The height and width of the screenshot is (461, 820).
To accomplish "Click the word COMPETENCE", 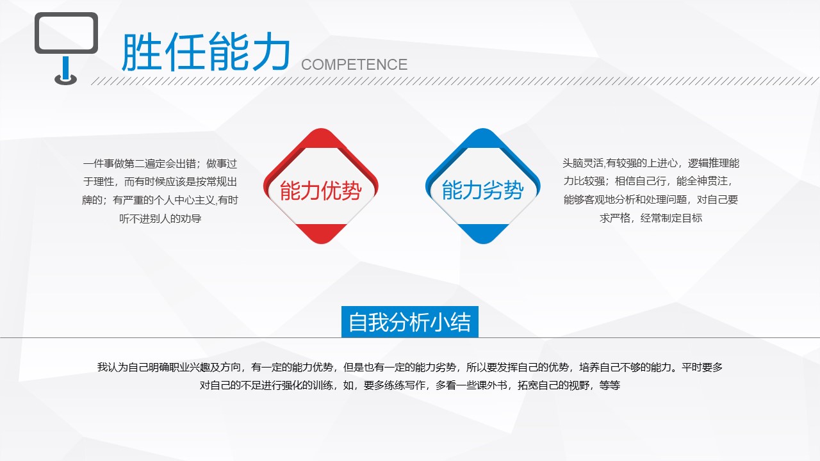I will click(354, 65).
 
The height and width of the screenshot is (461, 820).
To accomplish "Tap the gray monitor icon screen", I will click(66, 33).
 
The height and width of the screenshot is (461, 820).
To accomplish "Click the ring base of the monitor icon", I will click(65, 79).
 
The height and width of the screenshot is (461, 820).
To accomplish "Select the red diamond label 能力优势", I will click(320, 191).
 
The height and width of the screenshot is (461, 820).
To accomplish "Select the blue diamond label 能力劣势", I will click(482, 191).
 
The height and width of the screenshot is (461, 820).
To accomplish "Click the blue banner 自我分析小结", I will click(409, 322).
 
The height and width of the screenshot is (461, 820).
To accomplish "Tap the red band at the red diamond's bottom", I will click(320, 232).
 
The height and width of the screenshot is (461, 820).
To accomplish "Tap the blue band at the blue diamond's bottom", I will click(482, 232).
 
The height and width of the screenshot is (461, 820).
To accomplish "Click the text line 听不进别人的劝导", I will click(160, 218).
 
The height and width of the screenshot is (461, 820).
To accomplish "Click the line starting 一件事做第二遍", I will click(160, 164).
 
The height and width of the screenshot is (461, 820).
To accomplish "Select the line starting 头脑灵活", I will click(651, 164).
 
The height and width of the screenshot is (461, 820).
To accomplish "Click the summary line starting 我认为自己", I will click(410, 368).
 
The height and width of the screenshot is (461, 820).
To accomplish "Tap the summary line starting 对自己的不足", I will click(410, 385).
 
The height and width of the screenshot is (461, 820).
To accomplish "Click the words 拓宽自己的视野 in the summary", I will click(553, 385).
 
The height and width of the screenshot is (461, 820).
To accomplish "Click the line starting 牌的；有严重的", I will click(160, 200).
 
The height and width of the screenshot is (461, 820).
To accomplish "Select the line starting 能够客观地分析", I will click(651, 200).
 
